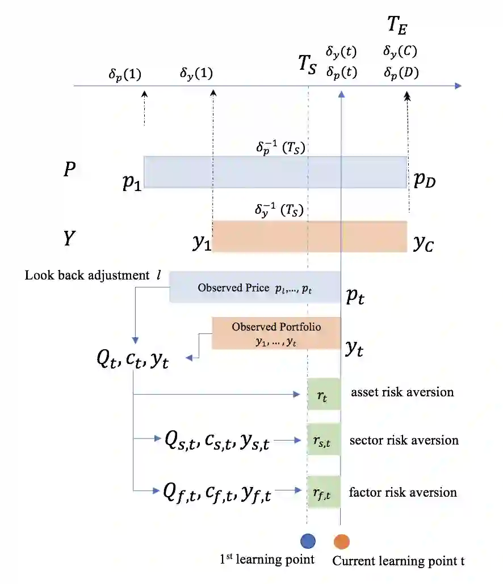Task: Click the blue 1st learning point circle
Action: coord(308,540)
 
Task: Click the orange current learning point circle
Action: coord(341,541)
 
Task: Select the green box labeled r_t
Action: coord(323,393)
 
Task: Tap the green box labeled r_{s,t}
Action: coord(323,440)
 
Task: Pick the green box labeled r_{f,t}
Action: coord(323,492)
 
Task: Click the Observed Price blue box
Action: coord(255,287)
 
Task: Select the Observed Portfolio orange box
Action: coord(276,333)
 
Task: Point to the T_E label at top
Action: coord(397,26)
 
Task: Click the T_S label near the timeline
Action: coord(309,63)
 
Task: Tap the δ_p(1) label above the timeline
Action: coord(125,74)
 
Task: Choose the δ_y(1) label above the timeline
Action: coord(196,74)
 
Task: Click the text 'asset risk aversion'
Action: coord(402,392)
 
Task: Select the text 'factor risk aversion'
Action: coord(403,492)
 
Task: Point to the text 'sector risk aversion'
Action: coord(404,441)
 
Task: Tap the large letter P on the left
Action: coord(69,170)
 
